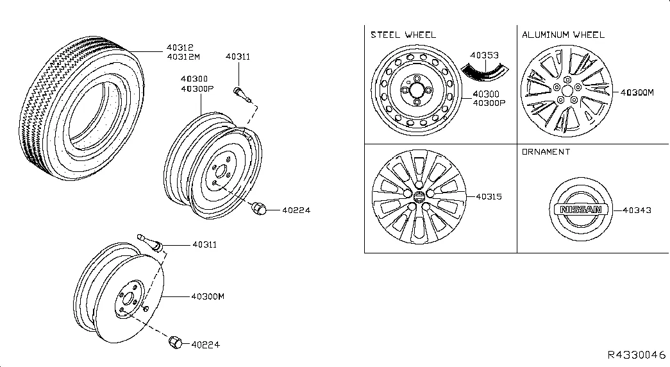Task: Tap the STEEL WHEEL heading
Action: pos(403,35)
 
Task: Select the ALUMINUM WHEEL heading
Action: pos(563,35)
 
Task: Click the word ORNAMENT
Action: pos(546,152)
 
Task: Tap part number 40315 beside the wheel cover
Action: pos(489,197)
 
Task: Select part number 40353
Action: pos(484,56)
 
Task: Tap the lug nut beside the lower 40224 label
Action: pos(174,343)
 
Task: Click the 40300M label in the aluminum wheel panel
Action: pos(637,92)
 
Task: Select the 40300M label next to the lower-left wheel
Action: pos(206,296)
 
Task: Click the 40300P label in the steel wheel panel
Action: pos(490,103)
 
